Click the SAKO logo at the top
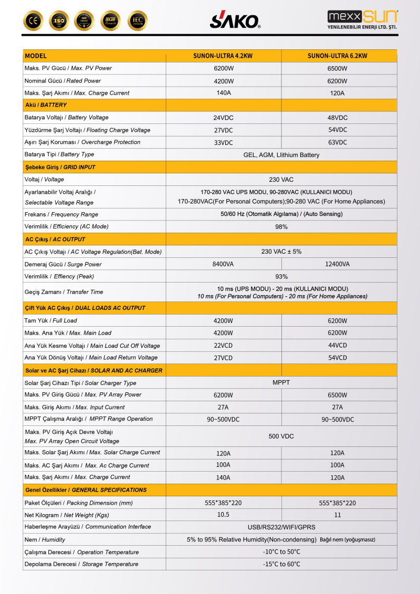point(235,20)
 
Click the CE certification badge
point(33,20)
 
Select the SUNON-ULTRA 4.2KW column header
point(224,56)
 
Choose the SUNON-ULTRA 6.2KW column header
point(337,56)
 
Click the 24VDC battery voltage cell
point(223,118)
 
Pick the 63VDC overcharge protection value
point(338,142)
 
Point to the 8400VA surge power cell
point(223,264)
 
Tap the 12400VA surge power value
point(338,264)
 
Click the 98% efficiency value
point(281,227)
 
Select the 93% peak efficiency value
point(281,277)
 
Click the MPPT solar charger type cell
point(281,382)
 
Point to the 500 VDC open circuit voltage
point(281,436)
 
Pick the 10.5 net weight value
point(223,515)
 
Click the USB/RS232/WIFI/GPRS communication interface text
point(281,527)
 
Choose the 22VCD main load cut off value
point(223,346)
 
